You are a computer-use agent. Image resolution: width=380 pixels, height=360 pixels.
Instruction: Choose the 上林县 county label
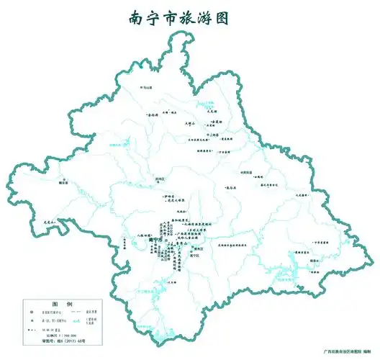(x=212, y=134)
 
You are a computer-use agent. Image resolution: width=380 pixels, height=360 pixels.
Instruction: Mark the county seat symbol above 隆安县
(x=65, y=178)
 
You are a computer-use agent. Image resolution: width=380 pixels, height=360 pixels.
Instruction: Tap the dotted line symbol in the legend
(x=32, y=328)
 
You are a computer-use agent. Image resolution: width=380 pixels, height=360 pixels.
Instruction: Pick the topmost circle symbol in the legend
(x=32, y=311)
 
